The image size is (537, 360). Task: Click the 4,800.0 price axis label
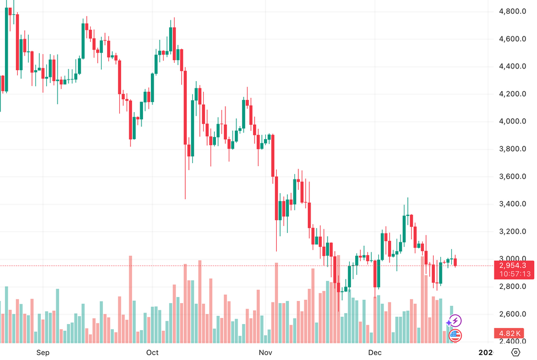coord(511,11)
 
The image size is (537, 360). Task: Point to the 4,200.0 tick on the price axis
coord(511,94)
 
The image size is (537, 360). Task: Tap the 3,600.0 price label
coord(511,177)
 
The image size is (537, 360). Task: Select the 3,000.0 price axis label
coord(511,259)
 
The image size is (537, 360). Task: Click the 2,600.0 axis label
coord(511,314)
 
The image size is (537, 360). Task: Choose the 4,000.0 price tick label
coord(511,121)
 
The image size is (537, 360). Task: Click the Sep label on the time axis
coord(43,352)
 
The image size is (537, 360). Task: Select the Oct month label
coord(152,352)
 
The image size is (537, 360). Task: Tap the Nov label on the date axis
coord(266,352)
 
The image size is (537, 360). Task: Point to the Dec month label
coord(375,352)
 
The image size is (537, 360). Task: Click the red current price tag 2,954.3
coord(512,266)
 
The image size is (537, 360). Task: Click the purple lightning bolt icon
coord(455,321)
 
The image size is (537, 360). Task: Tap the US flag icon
coord(455,335)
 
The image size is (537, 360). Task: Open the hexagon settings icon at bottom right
coord(516,352)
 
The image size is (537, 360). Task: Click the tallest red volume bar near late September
coord(130,298)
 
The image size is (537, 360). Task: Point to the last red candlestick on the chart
coord(456,262)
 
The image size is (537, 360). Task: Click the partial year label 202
coord(485,352)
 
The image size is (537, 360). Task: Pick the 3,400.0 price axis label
coord(511,204)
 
